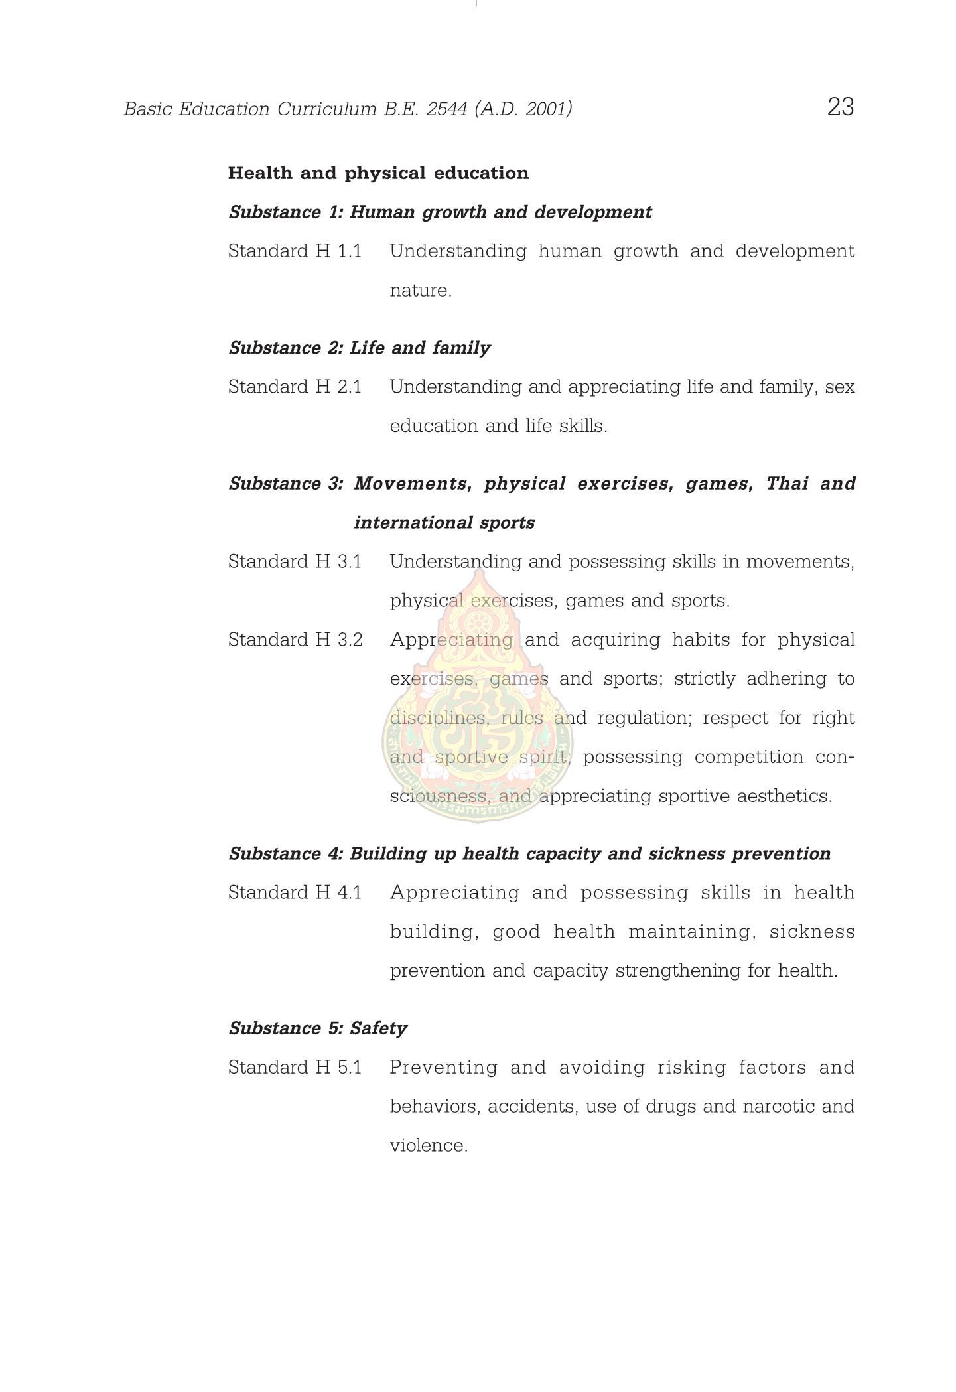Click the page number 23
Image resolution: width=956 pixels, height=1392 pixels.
(x=840, y=107)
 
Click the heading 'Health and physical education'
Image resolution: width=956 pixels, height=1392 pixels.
(x=378, y=173)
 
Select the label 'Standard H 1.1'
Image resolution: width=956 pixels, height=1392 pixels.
(x=295, y=251)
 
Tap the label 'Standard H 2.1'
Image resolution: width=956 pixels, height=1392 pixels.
(x=295, y=387)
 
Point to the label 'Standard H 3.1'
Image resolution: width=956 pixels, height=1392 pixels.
(x=295, y=562)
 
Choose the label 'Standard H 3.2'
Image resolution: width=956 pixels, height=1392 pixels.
(x=295, y=640)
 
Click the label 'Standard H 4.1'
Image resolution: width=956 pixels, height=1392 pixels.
(x=295, y=893)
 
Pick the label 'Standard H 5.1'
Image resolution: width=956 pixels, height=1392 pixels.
(x=295, y=1068)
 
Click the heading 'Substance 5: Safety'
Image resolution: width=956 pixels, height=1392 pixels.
(x=318, y=1028)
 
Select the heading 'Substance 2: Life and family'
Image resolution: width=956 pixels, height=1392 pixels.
(x=360, y=348)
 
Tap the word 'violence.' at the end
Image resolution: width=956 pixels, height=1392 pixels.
(x=429, y=1146)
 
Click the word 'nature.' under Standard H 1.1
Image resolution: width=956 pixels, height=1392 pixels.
(x=421, y=291)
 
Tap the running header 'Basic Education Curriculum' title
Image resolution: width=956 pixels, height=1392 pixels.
(x=348, y=109)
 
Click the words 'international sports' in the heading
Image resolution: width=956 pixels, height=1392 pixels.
(x=444, y=523)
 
